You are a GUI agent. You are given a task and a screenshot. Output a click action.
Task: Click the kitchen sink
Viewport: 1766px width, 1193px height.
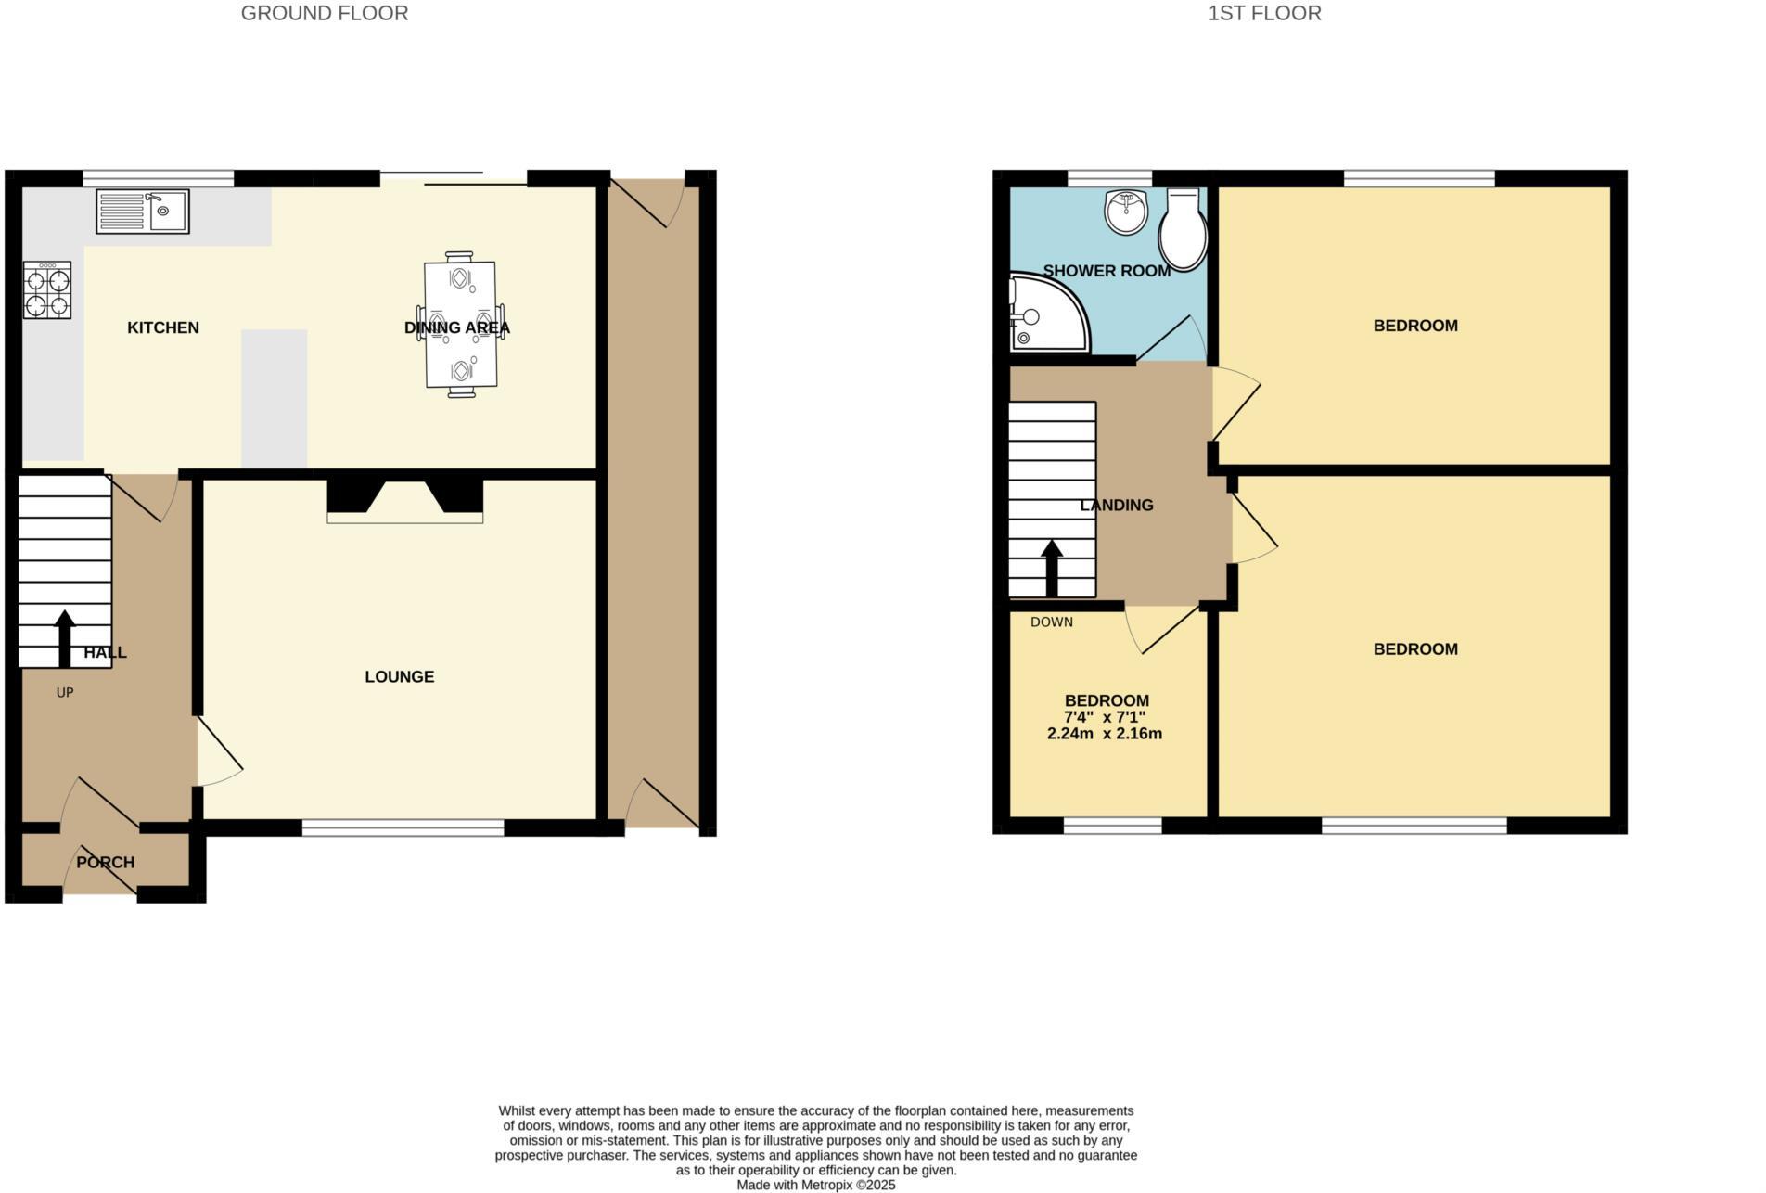[x=142, y=212]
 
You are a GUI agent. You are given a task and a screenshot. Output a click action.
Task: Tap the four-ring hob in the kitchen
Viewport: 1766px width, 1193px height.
[x=47, y=290]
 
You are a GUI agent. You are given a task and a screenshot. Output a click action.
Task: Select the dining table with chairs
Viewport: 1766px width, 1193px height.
[x=460, y=325]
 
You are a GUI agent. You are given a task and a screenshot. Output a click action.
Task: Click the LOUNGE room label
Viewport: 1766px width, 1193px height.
[x=399, y=676]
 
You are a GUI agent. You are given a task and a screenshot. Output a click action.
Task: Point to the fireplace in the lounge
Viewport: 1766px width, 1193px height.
[x=404, y=502]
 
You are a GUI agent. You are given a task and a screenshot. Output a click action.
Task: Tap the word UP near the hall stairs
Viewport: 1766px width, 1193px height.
[x=65, y=692]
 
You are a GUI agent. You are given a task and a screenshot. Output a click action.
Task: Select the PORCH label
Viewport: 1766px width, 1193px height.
[x=105, y=862]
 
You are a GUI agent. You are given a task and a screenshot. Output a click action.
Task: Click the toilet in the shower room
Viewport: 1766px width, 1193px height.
[x=1184, y=229]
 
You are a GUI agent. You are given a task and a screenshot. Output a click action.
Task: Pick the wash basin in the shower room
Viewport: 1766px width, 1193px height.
[x=1126, y=211]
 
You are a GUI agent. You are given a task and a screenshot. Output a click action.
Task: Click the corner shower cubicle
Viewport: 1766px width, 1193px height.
[x=1046, y=314]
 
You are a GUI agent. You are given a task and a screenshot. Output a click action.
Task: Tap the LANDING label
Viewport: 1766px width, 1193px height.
[x=1117, y=505]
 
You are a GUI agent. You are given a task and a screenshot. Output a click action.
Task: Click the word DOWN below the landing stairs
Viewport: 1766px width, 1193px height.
[x=1051, y=622]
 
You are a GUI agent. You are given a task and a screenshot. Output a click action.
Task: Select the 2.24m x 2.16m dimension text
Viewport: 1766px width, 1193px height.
[x=1104, y=733]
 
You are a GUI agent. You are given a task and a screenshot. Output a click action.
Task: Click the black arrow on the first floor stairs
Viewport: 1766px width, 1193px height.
[x=1052, y=568]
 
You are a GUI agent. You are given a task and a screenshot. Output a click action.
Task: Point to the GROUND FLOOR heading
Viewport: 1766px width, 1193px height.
[x=324, y=13]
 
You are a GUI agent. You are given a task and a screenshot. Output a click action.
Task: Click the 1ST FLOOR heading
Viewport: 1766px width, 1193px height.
[x=1264, y=13]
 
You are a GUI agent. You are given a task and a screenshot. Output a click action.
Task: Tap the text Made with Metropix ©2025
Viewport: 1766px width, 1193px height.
[x=815, y=1185]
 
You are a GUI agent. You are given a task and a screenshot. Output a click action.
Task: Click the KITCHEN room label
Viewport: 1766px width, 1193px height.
[x=162, y=327]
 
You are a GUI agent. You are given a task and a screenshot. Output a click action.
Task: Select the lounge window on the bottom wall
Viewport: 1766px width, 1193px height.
[x=403, y=827]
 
